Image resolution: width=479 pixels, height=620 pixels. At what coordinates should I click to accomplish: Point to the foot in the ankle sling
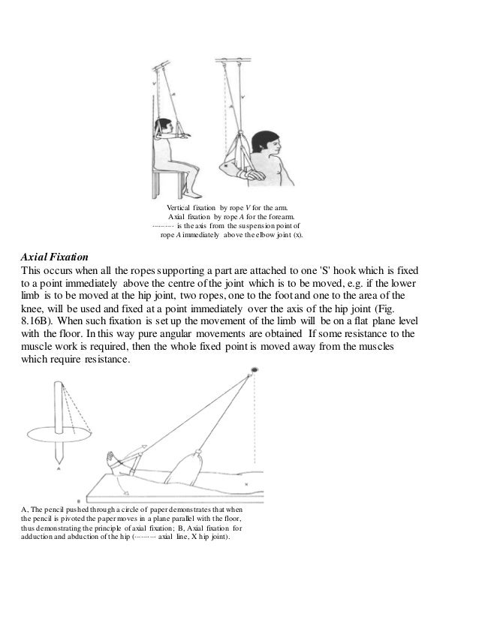click(x=115, y=459)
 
